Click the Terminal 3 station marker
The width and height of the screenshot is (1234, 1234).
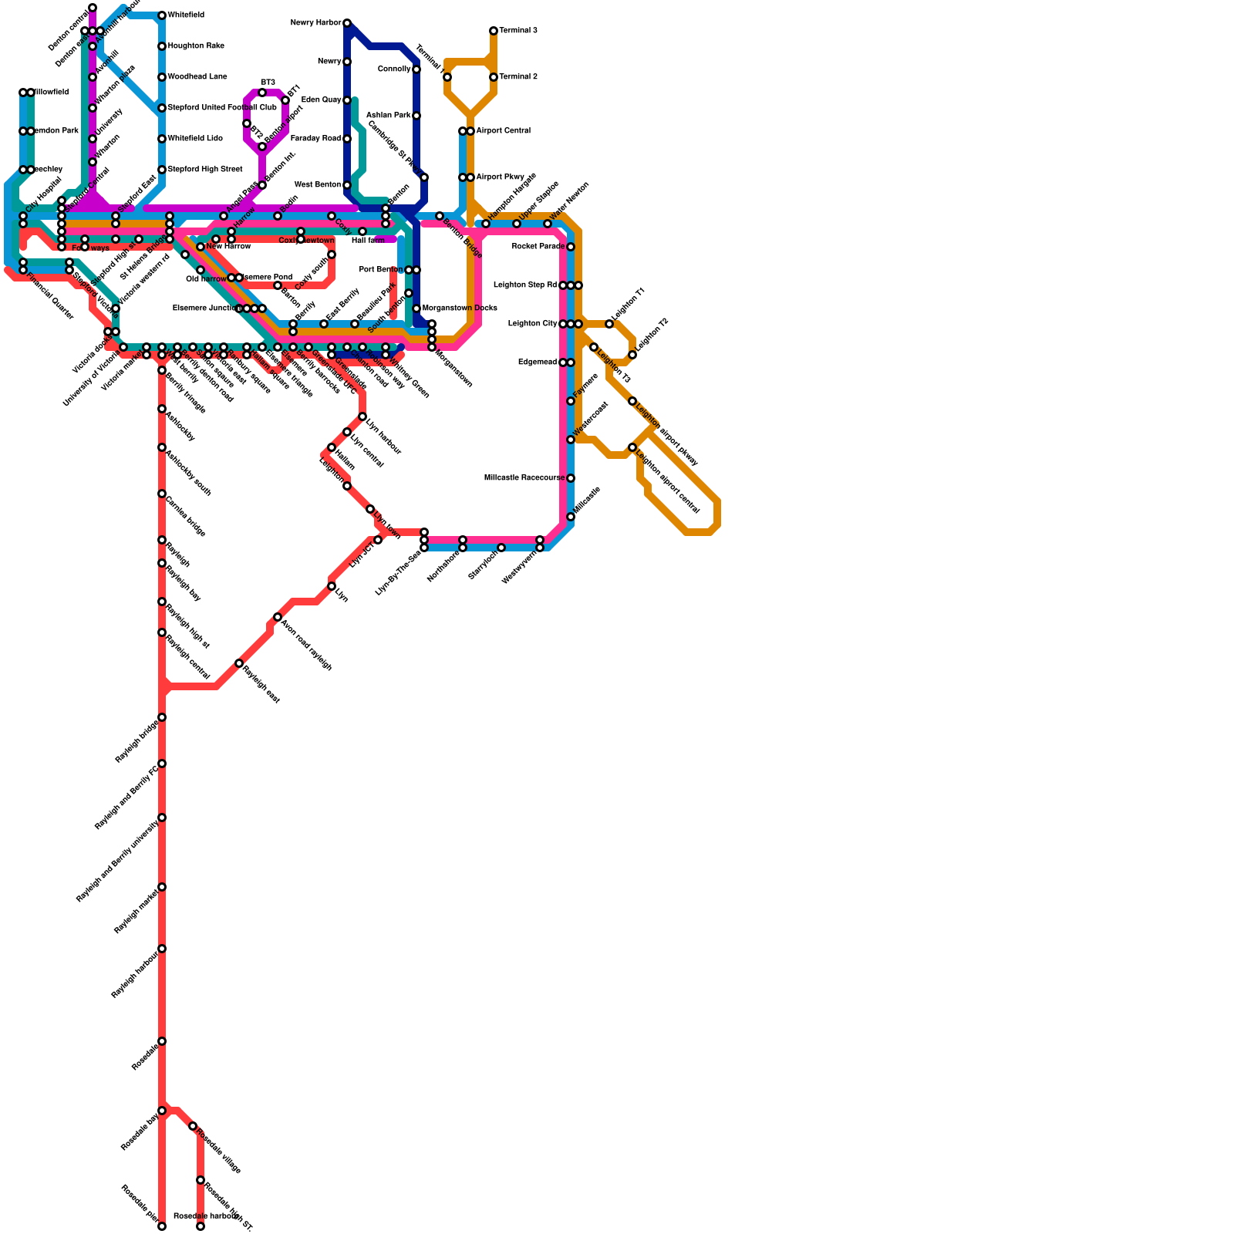point(494,31)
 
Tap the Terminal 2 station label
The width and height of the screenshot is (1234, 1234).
point(518,77)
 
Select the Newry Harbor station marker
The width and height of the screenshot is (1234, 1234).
point(347,23)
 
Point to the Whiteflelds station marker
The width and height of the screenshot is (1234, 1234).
point(162,15)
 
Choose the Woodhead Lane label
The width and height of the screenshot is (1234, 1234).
point(197,77)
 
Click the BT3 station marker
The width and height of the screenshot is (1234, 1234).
point(262,93)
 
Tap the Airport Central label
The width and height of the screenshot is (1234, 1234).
point(503,131)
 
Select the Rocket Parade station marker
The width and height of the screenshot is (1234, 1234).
point(571,247)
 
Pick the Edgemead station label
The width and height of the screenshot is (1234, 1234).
point(537,362)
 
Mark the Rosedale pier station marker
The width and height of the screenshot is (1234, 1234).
point(162,1226)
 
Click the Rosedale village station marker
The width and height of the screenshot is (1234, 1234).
point(193,1126)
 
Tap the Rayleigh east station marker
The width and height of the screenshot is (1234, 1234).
point(239,663)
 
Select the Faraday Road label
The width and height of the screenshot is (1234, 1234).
point(315,139)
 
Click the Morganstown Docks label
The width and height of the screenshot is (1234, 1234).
point(460,308)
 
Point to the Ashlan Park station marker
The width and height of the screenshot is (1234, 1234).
point(416,116)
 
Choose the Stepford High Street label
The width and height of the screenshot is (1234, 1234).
point(205,170)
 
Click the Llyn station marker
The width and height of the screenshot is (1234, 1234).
point(332,586)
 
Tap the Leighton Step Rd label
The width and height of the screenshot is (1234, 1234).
point(524,285)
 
